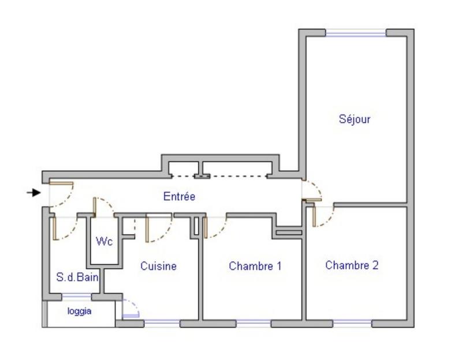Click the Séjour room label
click(x=354, y=120)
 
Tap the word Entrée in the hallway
click(x=179, y=197)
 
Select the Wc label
click(x=104, y=242)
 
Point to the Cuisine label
click(x=158, y=266)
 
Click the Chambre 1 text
click(x=255, y=266)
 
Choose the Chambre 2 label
click(x=352, y=265)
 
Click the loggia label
click(x=79, y=311)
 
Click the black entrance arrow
click(x=34, y=192)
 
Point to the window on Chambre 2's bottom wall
click(x=352, y=324)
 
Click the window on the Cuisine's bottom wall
click(x=162, y=324)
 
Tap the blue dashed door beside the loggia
click(x=131, y=310)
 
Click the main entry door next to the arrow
click(x=61, y=183)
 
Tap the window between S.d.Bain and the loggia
click(x=76, y=297)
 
